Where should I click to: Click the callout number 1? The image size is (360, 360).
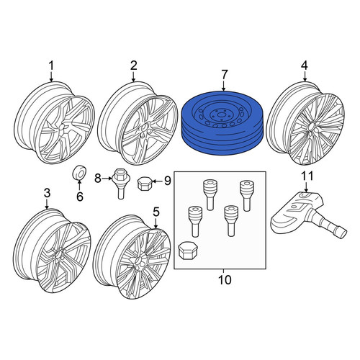pyautogui.click(x=51, y=66)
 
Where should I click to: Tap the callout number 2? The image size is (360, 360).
pyautogui.click(x=133, y=66)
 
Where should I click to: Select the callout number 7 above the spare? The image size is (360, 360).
pyautogui.click(x=224, y=74)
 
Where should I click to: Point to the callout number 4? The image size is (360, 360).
pyautogui.click(x=305, y=66)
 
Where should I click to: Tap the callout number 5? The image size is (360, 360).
pyautogui.click(x=156, y=212)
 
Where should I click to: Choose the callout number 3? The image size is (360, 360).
pyautogui.click(x=47, y=193)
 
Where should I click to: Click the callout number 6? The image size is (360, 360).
pyautogui.click(x=80, y=197)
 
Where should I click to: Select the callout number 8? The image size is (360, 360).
pyautogui.click(x=98, y=179)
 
